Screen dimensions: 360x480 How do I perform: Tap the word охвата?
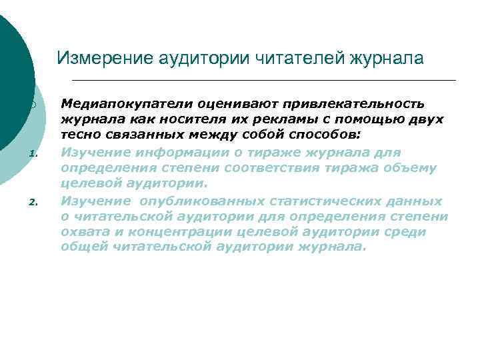pyautogui.click(x=83, y=232)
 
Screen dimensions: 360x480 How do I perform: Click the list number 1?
pyautogui.click(x=32, y=155)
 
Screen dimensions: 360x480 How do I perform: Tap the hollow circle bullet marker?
pyautogui.click(x=32, y=106)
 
